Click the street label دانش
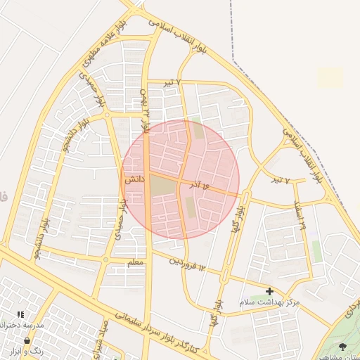coord(134,180)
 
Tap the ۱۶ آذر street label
coord(199,185)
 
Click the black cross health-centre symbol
coord(269,290)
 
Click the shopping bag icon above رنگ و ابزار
coord(27,340)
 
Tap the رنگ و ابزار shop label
coord(23,350)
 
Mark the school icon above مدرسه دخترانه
coord(20,314)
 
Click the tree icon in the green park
coord(342,347)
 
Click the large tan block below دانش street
coord(162,186)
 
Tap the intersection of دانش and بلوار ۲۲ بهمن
coord(146,172)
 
